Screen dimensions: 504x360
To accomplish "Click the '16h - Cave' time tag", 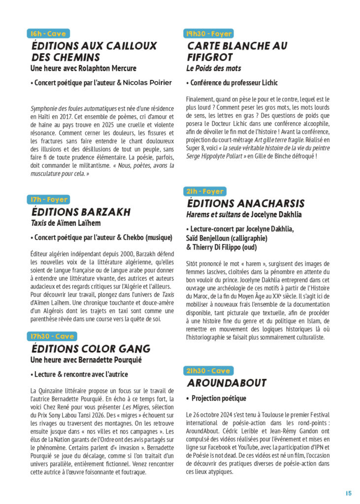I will pyautogui.click(x=48, y=33).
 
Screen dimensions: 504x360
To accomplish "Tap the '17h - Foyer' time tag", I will pyautogui.click(x=49, y=199).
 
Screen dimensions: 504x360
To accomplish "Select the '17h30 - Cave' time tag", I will pyautogui.click(x=52, y=336).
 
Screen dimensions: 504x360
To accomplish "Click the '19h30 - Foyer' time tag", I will pyautogui.click(x=208, y=33).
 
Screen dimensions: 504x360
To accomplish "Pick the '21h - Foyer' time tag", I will pyautogui.click(x=205, y=191).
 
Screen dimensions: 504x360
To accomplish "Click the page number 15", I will pyautogui.click(x=348, y=493).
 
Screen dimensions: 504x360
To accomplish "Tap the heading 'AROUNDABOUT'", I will pyautogui.click(x=227, y=383).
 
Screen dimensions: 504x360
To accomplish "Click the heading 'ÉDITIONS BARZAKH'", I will pyautogui.click(x=81, y=212).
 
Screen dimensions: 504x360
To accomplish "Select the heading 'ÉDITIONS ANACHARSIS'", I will pyautogui.click(x=246, y=203).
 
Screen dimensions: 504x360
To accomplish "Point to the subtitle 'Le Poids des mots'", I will pyautogui.click(x=213, y=68).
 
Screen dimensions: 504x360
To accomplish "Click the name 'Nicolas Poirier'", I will pyautogui.click(x=147, y=83).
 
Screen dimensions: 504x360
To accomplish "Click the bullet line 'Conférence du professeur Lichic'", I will pyautogui.click(x=232, y=83).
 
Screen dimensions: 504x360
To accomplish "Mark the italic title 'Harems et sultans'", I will pyautogui.click(x=213, y=215).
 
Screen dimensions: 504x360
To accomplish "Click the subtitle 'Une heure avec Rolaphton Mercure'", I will pyautogui.click(x=83, y=68).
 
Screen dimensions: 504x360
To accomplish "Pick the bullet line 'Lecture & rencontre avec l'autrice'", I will pyautogui.click(x=79, y=375).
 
